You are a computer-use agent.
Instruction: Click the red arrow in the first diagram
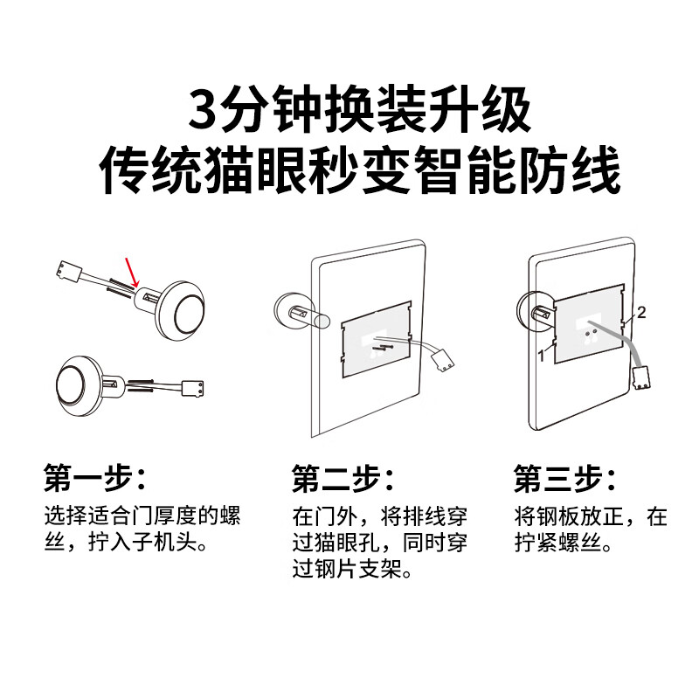pos(132,271)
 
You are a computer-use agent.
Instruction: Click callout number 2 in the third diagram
pos(640,312)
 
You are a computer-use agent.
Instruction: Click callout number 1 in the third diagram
pos(542,356)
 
